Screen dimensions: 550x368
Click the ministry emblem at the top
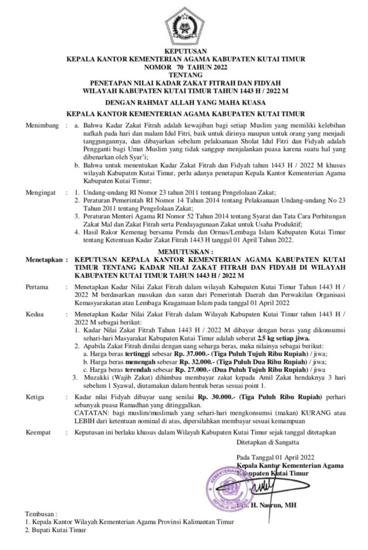click(183, 26)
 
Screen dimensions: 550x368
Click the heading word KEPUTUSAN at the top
click(184, 52)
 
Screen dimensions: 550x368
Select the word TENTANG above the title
click(184, 74)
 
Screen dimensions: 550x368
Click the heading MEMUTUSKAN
click(184, 252)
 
